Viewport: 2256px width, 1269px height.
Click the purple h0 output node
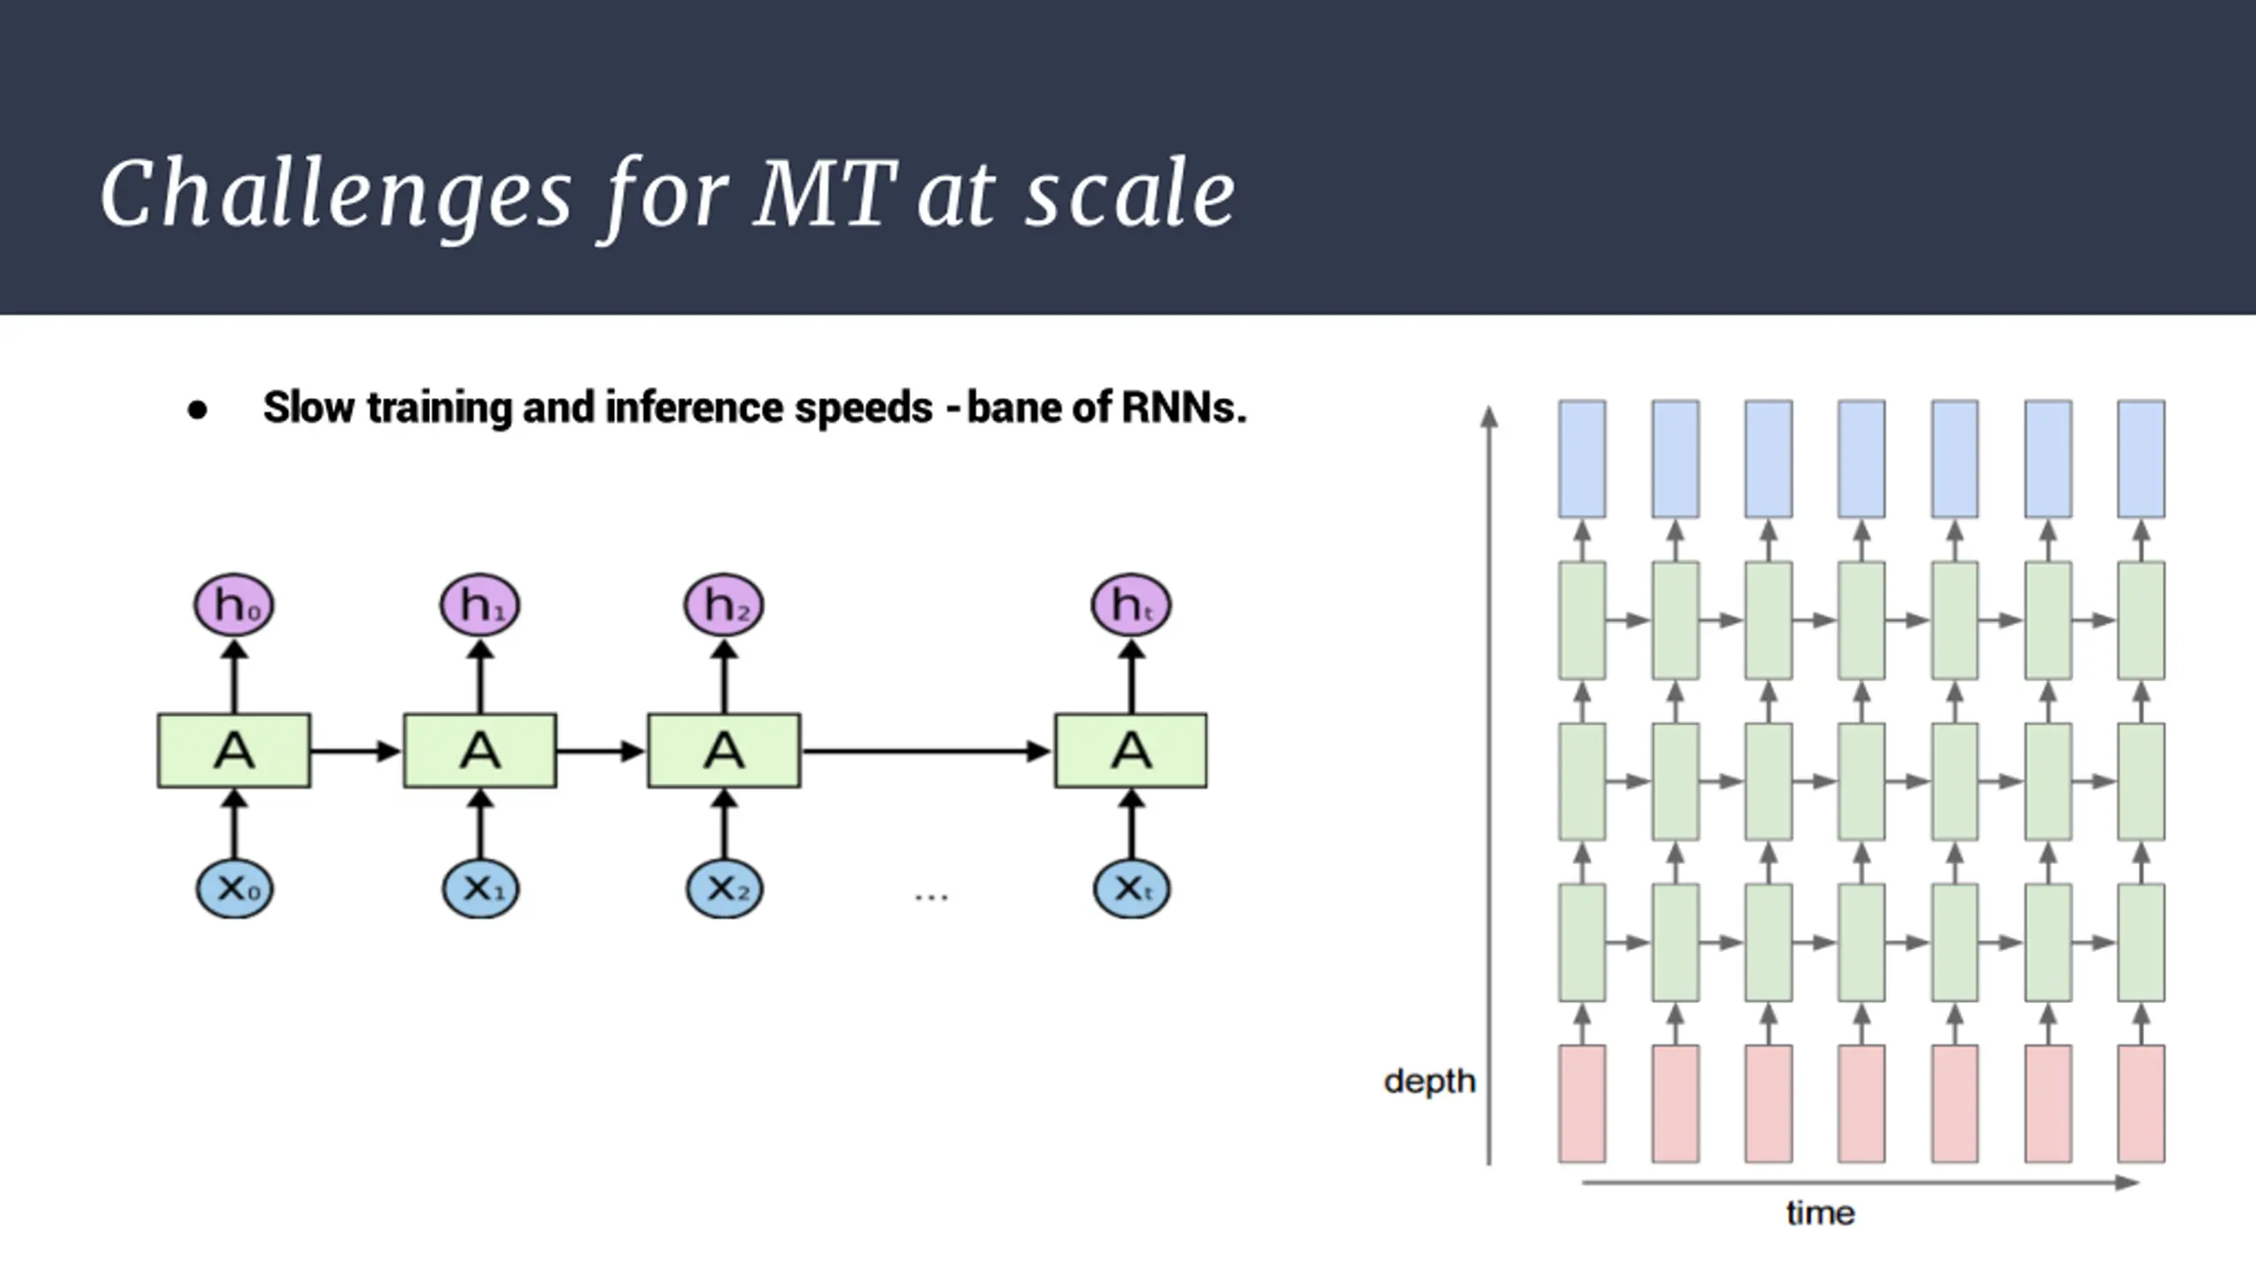click(234, 605)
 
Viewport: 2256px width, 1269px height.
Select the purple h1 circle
click(479, 605)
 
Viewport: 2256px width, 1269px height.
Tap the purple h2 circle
click(724, 605)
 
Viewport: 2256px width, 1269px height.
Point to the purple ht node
click(1131, 605)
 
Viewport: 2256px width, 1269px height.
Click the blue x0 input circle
click(234, 888)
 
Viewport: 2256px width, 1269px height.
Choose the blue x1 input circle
click(480, 888)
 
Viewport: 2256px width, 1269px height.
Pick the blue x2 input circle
click(724, 888)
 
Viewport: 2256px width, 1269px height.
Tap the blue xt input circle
click(1132, 888)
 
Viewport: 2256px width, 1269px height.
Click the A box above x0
click(234, 751)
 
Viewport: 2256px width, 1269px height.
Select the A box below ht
click(1131, 751)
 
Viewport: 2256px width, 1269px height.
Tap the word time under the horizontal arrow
click(1821, 1213)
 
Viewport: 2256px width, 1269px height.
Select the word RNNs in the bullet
click(1184, 408)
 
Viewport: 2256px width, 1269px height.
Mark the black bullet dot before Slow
click(197, 411)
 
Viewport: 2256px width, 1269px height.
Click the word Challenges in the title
click(336, 195)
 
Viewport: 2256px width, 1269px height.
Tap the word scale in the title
click(1131, 195)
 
